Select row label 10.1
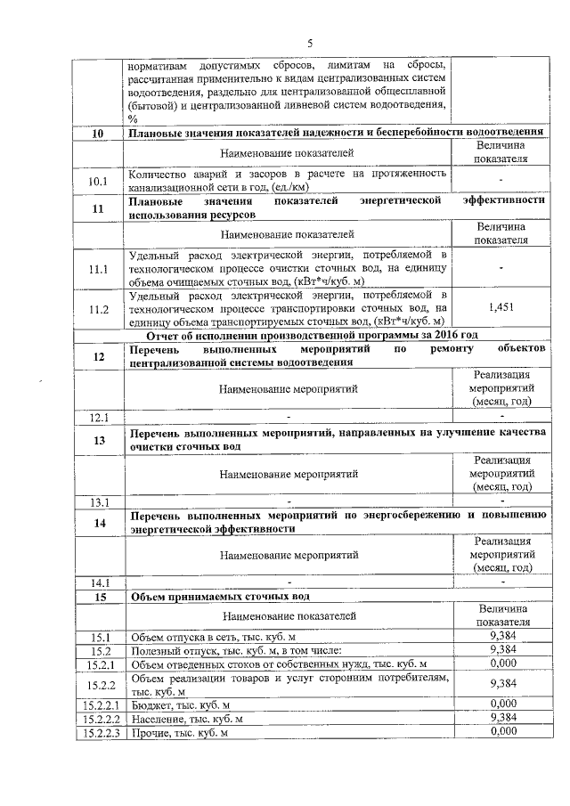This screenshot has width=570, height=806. tap(98, 183)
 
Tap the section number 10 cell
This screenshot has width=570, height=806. tap(98, 134)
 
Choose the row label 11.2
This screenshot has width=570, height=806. tap(98, 309)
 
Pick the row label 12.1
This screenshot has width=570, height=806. tap(98, 416)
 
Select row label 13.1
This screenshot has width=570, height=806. tap(98, 500)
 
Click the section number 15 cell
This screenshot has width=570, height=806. tap(98, 597)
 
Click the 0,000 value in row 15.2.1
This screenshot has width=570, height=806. tap(503, 664)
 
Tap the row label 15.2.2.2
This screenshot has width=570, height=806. tap(98, 718)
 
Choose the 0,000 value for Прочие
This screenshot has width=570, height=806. tap(503, 731)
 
